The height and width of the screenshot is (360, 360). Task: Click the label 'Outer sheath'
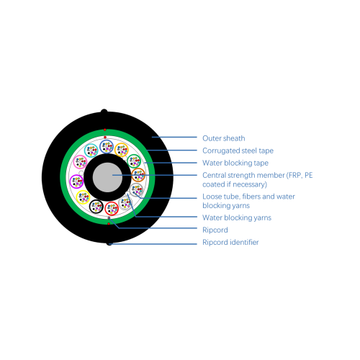tap(224, 138)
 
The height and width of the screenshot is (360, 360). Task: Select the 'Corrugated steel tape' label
tap(238, 150)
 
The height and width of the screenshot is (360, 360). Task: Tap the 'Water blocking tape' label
tap(235, 163)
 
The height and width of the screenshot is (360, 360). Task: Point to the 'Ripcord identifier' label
tap(230, 242)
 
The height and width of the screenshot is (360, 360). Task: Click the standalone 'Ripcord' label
tap(215, 230)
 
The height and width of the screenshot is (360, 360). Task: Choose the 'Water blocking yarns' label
tap(237, 217)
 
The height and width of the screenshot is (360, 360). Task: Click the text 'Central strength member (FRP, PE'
tap(258, 175)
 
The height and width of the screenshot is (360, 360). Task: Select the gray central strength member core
tap(107, 177)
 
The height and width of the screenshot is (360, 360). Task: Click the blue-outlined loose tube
tap(107, 147)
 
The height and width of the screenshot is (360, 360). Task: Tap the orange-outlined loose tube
tap(122, 150)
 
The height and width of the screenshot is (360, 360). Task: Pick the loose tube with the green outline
tap(134, 161)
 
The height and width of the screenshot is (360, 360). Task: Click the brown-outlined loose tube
tap(138, 175)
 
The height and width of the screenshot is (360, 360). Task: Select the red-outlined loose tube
tap(112, 209)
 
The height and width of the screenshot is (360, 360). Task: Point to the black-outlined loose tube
tap(96, 207)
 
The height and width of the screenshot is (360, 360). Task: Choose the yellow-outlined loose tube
tap(83, 197)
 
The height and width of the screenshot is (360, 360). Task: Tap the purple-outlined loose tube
tap(76, 181)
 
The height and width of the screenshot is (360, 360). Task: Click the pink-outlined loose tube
tap(80, 162)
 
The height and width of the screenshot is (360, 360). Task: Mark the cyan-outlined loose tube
tap(91, 150)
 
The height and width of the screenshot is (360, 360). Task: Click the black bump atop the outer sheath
tap(104, 112)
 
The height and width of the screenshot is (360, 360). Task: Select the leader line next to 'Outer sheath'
tap(174, 138)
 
